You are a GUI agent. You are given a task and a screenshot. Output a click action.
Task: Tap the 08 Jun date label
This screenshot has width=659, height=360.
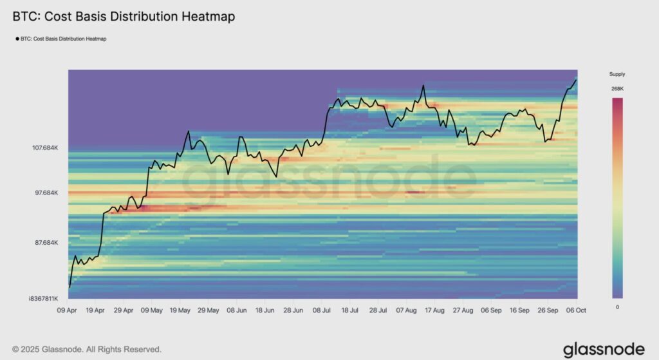pyautogui.click(x=236, y=310)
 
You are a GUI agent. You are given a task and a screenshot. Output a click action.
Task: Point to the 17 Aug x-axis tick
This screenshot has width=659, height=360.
pyautogui.click(x=434, y=310)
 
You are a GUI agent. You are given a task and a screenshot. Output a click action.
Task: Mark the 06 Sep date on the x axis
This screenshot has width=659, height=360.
pyautogui.click(x=491, y=310)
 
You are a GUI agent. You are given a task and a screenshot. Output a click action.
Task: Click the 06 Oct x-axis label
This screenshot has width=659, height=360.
pyautogui.click(x=576, y=310)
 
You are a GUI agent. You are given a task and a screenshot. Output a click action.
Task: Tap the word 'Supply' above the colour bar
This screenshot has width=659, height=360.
pyautogui.click(x=617, y=74)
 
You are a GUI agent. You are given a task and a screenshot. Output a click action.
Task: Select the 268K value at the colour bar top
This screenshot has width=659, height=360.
pyautogui.click(x=617, y=89)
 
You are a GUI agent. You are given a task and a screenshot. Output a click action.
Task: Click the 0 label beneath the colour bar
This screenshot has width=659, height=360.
pyautogui.click(x=617, y=307)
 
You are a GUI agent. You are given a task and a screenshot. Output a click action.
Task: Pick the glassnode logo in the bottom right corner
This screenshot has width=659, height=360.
pyautogui.click(x=604, y=349)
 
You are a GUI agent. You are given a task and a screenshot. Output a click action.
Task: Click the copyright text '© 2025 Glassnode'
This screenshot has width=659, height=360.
pyautogui.click(x=87, y=349)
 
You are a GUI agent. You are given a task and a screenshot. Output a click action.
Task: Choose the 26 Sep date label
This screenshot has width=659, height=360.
pyautogui.click(x=548, y=310)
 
